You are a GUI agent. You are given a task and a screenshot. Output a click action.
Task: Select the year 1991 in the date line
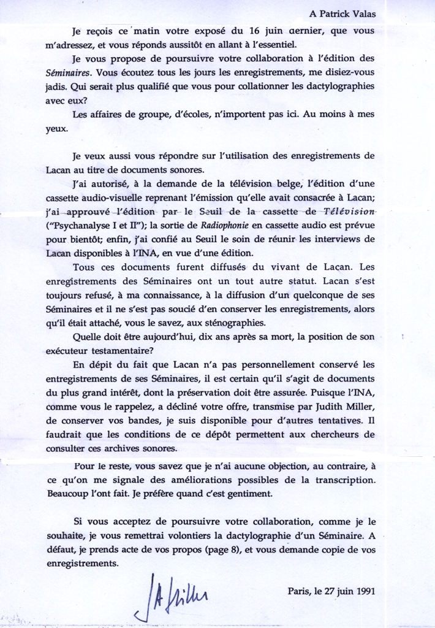click(x=363, y=592)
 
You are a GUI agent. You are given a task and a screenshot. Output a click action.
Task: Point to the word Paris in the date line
click(x=298, y=592)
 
